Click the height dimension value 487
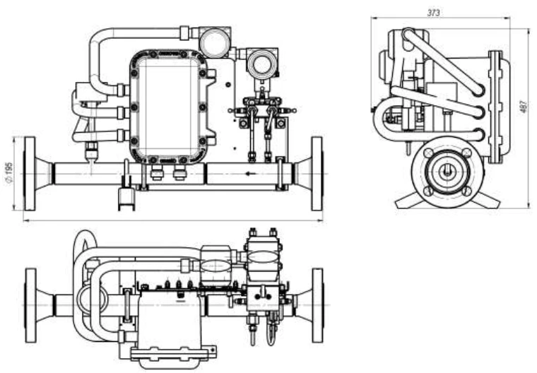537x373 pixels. (524, 107)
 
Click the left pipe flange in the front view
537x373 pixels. (29, 174)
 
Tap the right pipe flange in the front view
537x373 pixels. (317, 174)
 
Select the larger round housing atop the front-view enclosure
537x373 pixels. (212, 42)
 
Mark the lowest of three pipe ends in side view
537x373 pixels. (480, 134)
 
